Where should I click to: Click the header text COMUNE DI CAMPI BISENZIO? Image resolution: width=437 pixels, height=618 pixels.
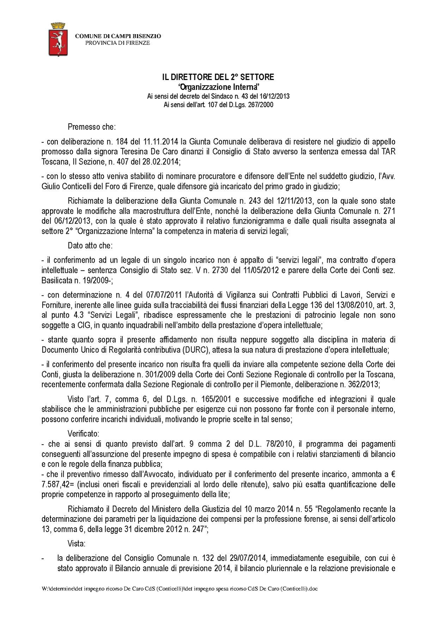click(x=118, y=36)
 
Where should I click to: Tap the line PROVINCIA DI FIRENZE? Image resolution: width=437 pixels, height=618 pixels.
click(x=118, y=43)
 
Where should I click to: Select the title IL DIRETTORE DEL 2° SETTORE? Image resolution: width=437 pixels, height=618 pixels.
click(x=218, y=77)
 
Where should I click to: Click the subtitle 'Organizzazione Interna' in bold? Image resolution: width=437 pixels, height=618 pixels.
click(x=218, y=87)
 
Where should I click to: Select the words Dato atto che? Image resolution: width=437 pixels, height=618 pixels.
click(x=90, y=245)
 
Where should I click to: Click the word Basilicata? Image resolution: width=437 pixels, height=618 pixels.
click(x=56, y=280)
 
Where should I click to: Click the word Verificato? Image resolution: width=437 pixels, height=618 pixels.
click(x=84, y=433)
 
